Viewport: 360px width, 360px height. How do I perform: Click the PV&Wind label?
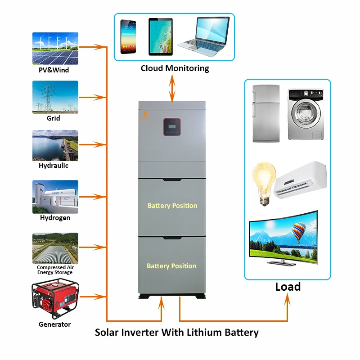pyautogui.click(x=54, y=70)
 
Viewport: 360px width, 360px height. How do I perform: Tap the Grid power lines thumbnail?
pyautogui.click(x=55, y=97)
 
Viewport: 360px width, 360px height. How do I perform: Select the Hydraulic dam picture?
pyautogui.click(x=55, y=145)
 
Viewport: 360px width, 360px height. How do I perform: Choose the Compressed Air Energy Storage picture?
pyautogui.click(x=55, y=248)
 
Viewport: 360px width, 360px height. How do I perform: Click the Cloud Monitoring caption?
pyautogui.click(x=175, y=68)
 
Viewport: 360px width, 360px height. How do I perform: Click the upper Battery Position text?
pyautogui.click(x=172, y=206)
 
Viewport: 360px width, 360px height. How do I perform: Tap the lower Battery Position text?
pyautogui.click(x=171, y=266)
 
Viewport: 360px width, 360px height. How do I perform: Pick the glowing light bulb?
pyautogui.click(x=263, y=182)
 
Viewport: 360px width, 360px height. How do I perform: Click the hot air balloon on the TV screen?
pyautogui.click(x=298, y=234)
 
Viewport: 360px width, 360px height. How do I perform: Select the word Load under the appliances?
pyautogui.click(x=288, y=287)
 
